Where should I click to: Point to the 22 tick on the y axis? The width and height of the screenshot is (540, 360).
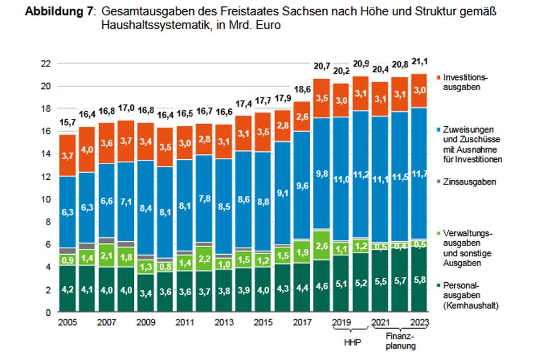[x=47, y=63]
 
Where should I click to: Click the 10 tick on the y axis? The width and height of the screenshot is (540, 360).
[x=47, y=199]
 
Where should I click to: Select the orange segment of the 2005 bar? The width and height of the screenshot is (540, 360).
[x=67, y=155]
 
